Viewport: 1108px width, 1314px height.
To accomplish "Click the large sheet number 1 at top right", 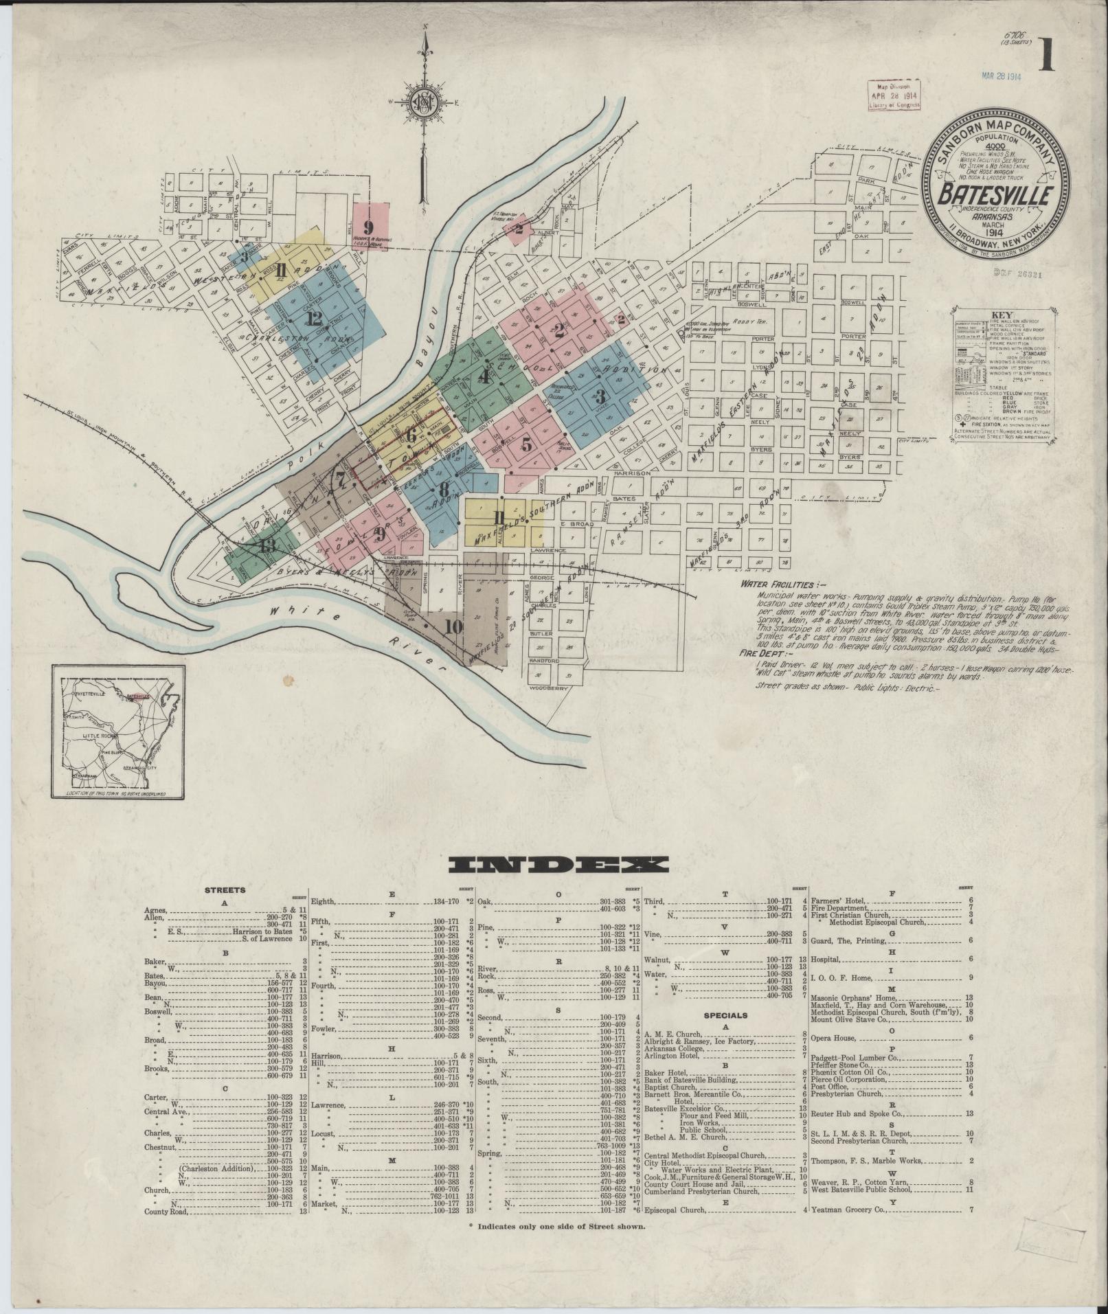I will tap(1046, 55).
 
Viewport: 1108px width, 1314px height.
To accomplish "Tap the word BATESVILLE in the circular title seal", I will tap(990, 196).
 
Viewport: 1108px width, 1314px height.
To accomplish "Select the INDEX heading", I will tap(557, 865).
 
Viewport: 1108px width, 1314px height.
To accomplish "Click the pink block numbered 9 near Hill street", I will tap(369, 227).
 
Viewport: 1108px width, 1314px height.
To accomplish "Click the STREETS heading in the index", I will tap(225, 890).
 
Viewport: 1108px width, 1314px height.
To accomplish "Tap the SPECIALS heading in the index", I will tap(724, 1015).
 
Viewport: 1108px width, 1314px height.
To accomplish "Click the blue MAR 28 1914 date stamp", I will tap(1002, 76).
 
